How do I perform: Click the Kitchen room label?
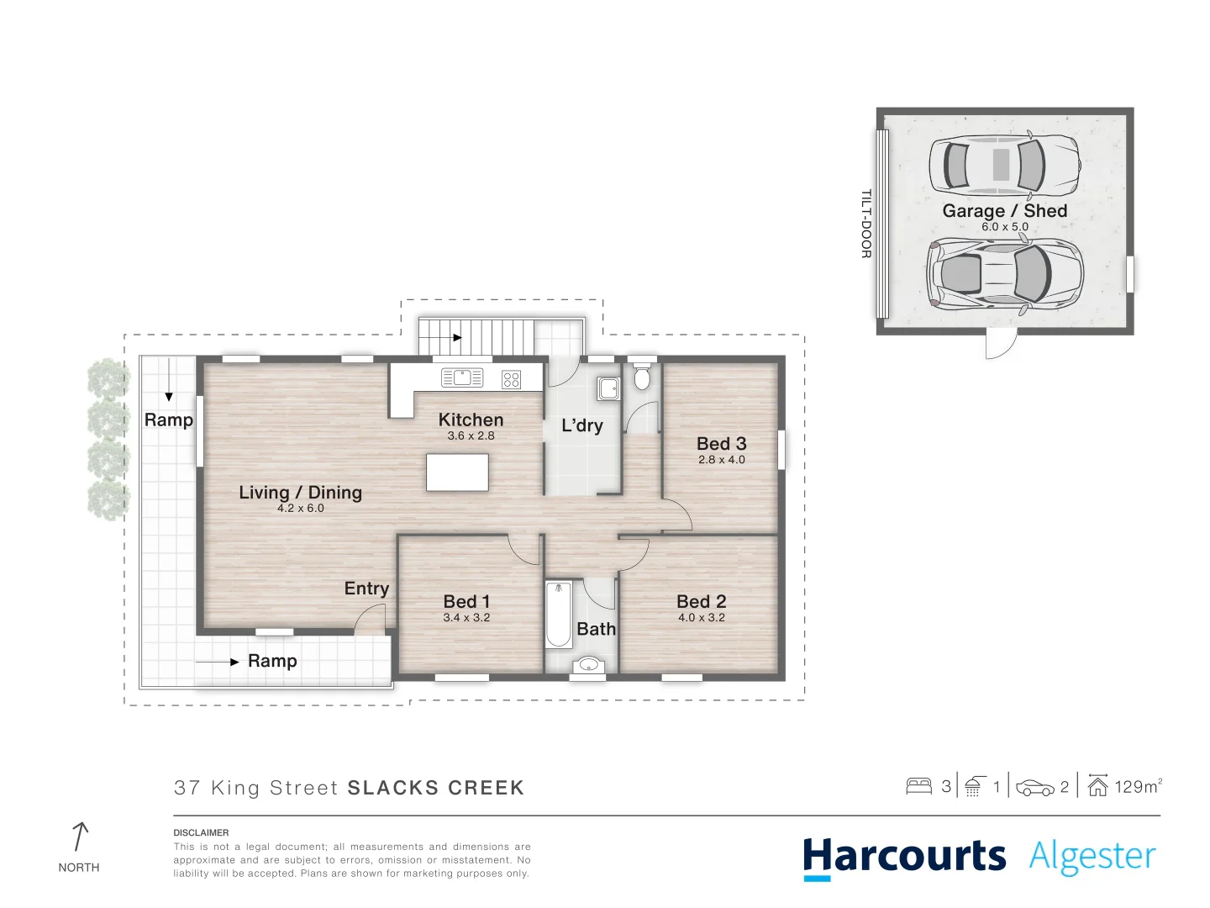point(471,420)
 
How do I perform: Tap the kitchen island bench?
point(457,472)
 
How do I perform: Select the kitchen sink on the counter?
point(462,377)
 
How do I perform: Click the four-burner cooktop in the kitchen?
point(511,379)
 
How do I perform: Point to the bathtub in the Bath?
point(558,615)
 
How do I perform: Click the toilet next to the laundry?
point(642,377)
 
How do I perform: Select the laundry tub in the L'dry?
point(608,388)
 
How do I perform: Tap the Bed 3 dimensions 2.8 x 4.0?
point(721,460)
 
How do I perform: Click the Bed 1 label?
point(466,601)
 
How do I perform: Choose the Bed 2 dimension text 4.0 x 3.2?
point(701,617)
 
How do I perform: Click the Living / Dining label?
point(300,493)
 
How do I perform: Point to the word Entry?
point(366,589)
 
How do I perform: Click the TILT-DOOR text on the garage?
point(865,224)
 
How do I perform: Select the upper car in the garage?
point(1003,164)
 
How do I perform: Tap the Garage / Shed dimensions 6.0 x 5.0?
point(1004,227)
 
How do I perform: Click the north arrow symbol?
point(79,837)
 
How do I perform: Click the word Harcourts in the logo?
point(904,857)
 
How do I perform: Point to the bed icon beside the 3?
point(918,787)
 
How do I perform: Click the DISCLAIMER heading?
point(201,832)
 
